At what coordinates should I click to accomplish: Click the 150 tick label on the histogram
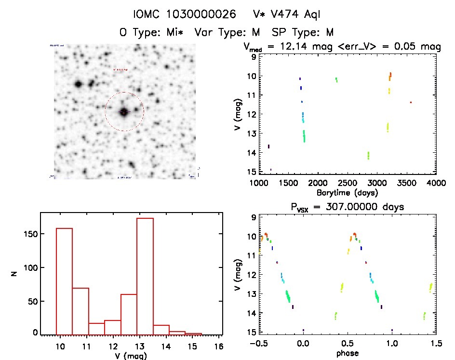[29, 234]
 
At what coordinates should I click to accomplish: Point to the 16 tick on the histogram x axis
[220, 346]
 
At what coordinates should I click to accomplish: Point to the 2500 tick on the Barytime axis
[348, 183]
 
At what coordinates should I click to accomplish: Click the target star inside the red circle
[124, 112]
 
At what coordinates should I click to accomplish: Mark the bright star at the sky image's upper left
[78, 84]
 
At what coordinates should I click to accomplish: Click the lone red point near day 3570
[411, 102]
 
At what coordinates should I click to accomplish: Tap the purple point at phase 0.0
[303, 330]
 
